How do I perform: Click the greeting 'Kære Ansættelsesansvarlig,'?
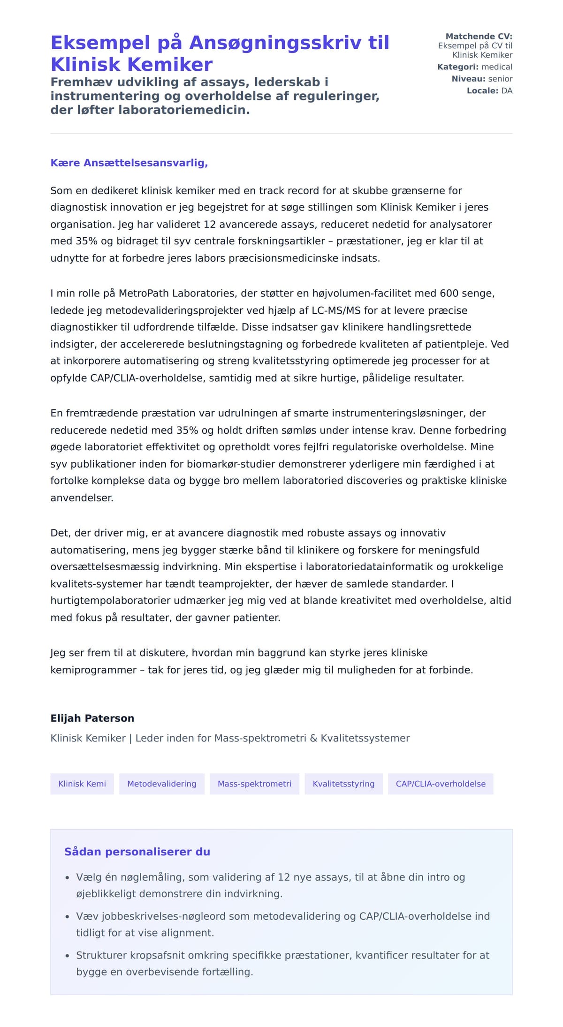[129, 163]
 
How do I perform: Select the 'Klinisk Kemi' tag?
[82, 784]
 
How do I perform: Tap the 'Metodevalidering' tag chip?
[162, 784]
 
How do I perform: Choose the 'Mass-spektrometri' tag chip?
[254, 784]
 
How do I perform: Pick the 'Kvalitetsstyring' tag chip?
[343, 784]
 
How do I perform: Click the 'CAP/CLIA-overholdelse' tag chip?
[441, 784]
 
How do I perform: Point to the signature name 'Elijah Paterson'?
[92, 718]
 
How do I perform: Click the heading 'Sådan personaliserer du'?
[137, 852]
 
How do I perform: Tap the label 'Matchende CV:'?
[479, 36]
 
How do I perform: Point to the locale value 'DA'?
[507, 91]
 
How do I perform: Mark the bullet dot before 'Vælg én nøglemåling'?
[67, 877]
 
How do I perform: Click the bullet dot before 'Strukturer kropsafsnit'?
[67, 956]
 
